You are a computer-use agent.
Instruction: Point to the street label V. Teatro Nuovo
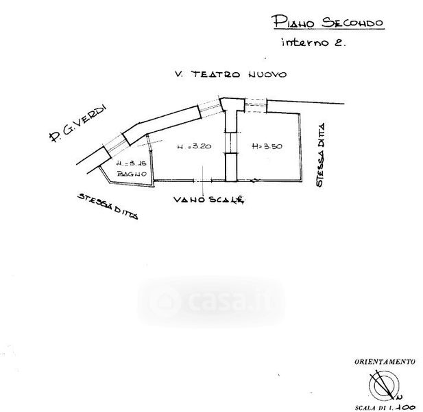click(x=229, y=74)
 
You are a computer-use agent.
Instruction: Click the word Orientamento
click(x=384, y=361)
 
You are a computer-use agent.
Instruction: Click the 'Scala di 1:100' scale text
click(x=385, y=406)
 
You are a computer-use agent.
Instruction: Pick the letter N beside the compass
click(x=398, y=396)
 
